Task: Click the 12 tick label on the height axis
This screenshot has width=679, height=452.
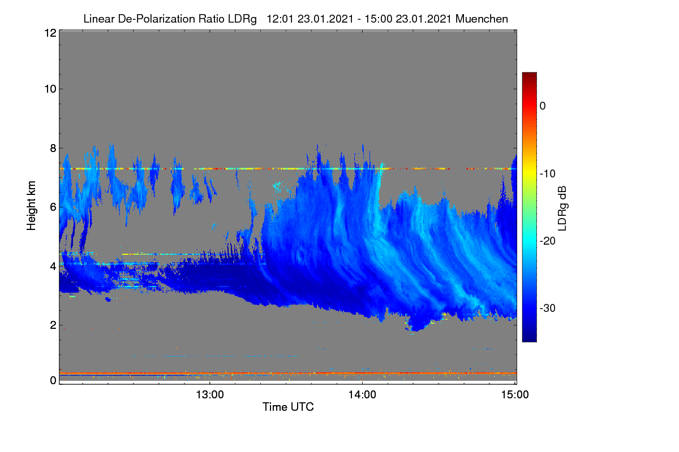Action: coord(50,33)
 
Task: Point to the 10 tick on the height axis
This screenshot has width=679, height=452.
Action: coord(50,89)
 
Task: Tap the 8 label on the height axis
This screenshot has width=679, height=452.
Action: coord(53,149)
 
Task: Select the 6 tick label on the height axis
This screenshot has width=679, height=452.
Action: coord(53,207)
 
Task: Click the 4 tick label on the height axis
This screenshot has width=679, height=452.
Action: coord(53,267)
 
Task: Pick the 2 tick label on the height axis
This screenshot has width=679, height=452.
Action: coord(53,325)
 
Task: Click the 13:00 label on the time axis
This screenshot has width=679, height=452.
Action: coord(210,395)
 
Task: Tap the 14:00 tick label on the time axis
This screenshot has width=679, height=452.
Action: coord(362,395)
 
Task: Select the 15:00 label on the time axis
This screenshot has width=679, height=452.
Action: coord(515,395)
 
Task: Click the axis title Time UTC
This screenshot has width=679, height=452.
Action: coord(288,407)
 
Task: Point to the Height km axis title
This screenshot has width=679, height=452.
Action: coord(31,206)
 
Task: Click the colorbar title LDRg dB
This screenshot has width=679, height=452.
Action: coord(562,208)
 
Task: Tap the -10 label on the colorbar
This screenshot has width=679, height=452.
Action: coord(548,174)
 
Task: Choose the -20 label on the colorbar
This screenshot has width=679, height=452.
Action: coord(548,241)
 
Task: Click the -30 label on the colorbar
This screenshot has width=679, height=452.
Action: coord(548,308)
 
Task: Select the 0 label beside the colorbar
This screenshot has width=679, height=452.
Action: coord(543,106)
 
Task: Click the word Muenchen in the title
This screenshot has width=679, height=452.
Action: coord(482,19)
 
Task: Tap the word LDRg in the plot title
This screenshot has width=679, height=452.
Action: coord(242,19)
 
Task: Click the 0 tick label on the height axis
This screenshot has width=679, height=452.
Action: coord(53,381)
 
